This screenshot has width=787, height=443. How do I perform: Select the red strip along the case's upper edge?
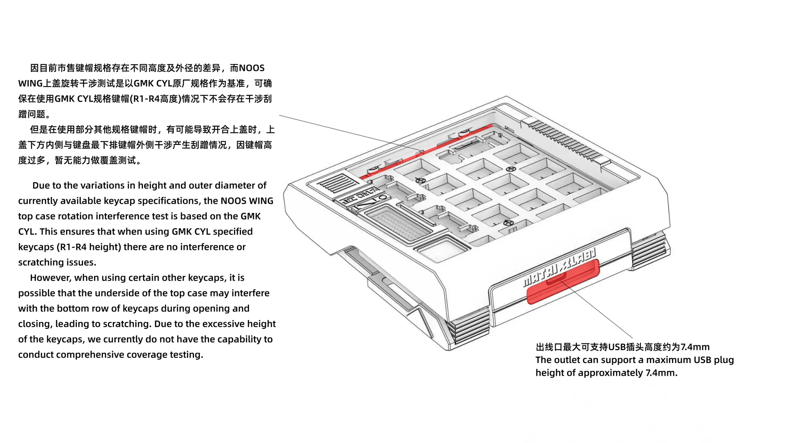[426, 152]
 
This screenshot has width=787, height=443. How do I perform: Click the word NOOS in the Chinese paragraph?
[252, 68]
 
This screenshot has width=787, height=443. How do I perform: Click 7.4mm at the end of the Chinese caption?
[695, 347]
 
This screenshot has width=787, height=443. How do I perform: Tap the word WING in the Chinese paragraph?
[30, 83]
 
